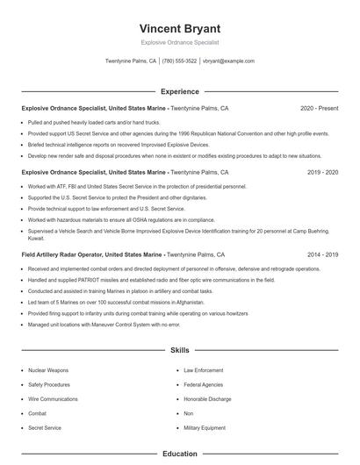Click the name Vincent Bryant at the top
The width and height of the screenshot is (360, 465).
pyautogui.click(x=179, y=28)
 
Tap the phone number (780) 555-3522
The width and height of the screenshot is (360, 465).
pyautogui.click(x=179, y=61)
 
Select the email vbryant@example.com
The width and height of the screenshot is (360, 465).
pyautogui.click(x=228, y=61)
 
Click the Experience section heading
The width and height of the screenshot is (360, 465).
pyautogui.click(x=179, y=91)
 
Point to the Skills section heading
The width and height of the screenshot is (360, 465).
pyautogui.click(x=179, y=349)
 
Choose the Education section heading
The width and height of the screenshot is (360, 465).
pyautogui.click(x=179, y=454)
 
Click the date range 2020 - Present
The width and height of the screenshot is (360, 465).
pyautogui.click(x=319, y=108)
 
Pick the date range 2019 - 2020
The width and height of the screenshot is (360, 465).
pyautogui.click(x=322, y=173)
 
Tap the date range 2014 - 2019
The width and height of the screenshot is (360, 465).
pyautogui.click(x=322, y=254)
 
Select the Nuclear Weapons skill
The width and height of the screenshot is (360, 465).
pyautogui.click(x=48, y=370)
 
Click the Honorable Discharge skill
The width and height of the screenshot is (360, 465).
pyautogui.click(x=208, y=398)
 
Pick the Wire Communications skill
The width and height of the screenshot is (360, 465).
pyautogui.click(x=54, y=398)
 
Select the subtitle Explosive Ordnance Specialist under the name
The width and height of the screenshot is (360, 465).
pyautogui.click(x=179, y=42)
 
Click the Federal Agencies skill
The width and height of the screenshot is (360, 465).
pyautogui.click(x=204, y=384)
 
